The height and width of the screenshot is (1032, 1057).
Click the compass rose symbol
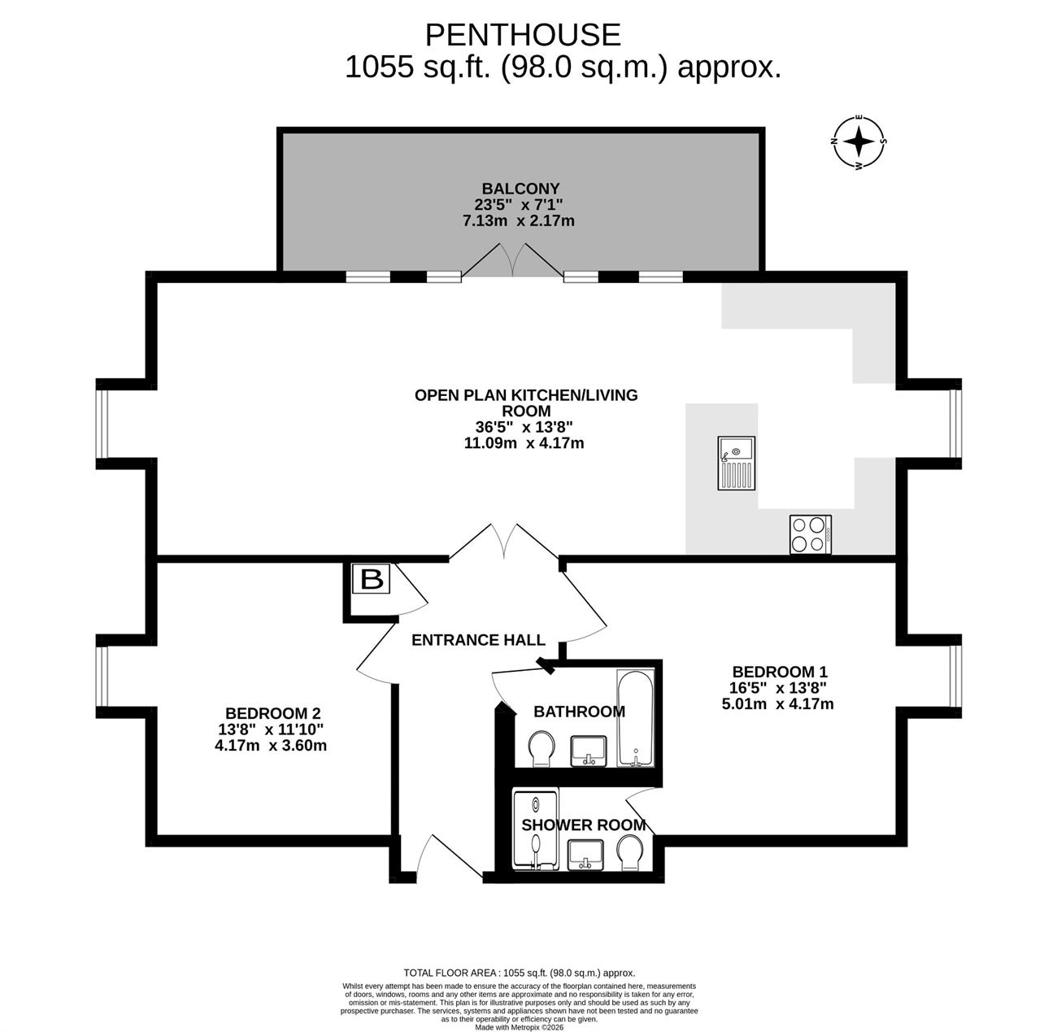point(858,142)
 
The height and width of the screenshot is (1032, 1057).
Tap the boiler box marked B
point(372,578)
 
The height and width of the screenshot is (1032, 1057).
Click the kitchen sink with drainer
point(736,463)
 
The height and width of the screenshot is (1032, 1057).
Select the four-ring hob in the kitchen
point(811,534)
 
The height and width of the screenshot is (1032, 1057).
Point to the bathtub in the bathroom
point(635,718)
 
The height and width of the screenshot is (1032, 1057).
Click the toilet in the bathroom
point(542,748)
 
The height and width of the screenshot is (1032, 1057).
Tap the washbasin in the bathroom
point(588,751)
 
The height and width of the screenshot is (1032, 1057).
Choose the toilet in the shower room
point(631,853)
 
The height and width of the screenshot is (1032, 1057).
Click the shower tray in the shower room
point(536,830)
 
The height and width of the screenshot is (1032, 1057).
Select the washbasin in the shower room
point(585,855)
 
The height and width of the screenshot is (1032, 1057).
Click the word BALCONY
point(520,189)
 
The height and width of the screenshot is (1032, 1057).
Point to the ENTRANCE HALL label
point(478,640)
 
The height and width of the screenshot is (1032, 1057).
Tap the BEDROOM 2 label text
point(272,713)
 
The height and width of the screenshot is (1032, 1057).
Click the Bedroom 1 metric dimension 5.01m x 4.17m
point(777,704)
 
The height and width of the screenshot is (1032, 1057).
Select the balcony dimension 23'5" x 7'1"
point(519,205)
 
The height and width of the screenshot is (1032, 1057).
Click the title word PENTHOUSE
point(523,35)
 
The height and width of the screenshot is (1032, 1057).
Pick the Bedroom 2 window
point(102,677)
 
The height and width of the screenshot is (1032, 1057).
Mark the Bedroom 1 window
point(955,677)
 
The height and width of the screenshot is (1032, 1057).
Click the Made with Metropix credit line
point(520,1027)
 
